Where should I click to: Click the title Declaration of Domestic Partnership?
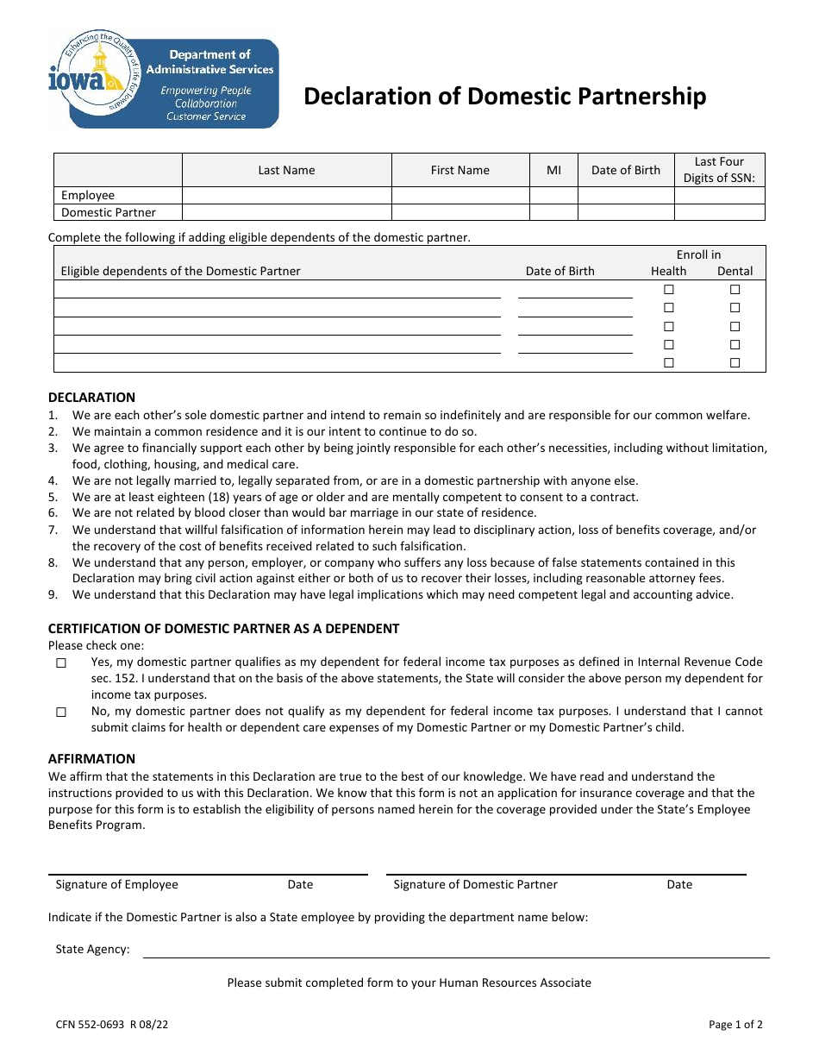tap(504, 97)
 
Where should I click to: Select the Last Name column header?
tap(286, 170)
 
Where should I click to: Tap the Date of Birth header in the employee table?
tap(625, 170)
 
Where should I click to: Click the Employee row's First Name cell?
tap(460, 196)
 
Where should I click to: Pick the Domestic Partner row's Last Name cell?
tap(286, 212)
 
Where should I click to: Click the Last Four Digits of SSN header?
tap(719, 170)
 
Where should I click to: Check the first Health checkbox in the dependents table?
tap(668, 290)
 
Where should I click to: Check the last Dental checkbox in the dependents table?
tap(735, 363)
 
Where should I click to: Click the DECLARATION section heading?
tap(91, 398)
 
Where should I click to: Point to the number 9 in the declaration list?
tap(53, 594)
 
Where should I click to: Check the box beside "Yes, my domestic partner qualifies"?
tap(61, 663)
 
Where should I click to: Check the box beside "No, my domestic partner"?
tap(61, 713)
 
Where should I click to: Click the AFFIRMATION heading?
tap(91, 759)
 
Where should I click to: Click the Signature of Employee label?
tap(116, 884)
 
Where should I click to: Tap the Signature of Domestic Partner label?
tap(475, 884)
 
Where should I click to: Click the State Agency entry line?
tap(455, 950)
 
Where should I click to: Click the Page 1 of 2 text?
tap(735, 1025)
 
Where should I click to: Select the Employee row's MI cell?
tap(553, 196)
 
